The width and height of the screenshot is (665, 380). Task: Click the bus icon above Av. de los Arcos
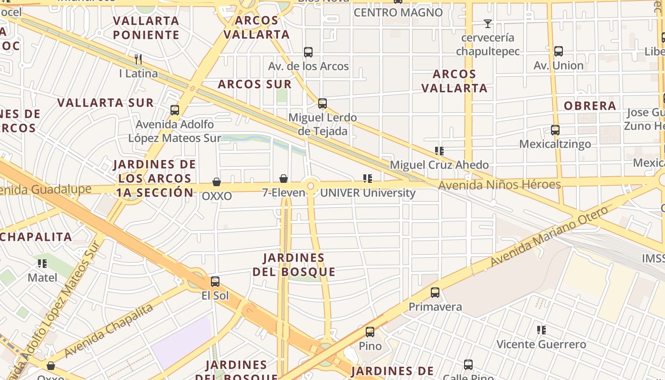point(308,52)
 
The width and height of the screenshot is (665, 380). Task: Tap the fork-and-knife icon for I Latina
point(138,59)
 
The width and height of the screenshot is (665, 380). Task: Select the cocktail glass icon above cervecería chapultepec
point(487,23)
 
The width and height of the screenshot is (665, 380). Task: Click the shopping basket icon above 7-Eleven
point(284,179)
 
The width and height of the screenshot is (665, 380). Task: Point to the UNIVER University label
point(368,193)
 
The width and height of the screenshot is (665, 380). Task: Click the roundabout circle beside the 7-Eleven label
point(311,186)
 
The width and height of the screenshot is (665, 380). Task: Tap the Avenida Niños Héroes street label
point(499,184)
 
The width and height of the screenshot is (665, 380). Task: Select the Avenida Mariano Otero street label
point(549,237)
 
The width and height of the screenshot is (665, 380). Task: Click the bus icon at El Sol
point(215,282)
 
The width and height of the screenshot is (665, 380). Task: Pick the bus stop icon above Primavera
point(435,293)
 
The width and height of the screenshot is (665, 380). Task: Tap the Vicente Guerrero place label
point(541,344)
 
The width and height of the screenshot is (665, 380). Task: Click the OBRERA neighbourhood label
point(590,105)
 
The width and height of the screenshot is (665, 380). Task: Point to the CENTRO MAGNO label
point(398,12)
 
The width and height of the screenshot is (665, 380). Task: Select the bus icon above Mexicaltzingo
point(555,130)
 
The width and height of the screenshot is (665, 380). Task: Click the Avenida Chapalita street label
point(109,331)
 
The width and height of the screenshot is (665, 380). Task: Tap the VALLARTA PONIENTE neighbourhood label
point(146,28)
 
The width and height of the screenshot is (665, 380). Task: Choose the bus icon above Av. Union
point(559,51)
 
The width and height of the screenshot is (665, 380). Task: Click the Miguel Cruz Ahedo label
point(439,165)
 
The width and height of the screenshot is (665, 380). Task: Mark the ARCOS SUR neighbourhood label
point(255,85)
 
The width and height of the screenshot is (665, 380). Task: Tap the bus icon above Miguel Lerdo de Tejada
point(323,104)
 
